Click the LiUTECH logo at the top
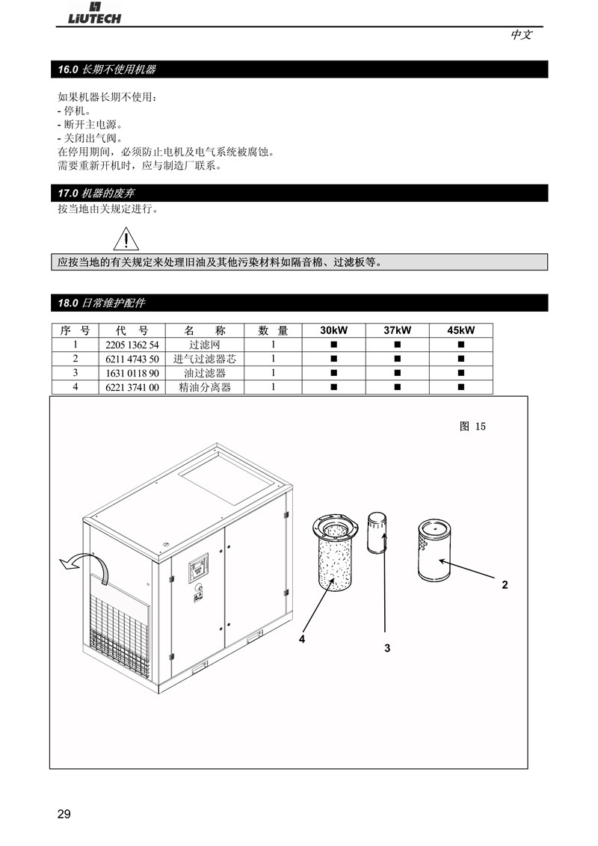click(x=94, y=13)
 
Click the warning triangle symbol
click(x=126, y=239)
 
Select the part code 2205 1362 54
click(x=132, y=345)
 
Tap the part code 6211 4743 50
click(x=132, y=359)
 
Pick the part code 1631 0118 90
click(x=132, y=373)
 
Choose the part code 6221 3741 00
click(x=132, y=387)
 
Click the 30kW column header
click(x=333, y=330)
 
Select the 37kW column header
click(x=397, y=330)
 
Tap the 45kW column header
click(x=461, y=330)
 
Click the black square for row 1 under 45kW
click(x=461, y=345)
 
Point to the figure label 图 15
click(x=472, y=426)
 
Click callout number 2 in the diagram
click(x=505, y=585)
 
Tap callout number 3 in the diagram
click(x=387, y=648)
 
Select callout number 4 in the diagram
click(x=302, y=639)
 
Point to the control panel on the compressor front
click(x=198, y=568)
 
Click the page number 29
click(x=64, y=814)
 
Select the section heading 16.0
click(x=107, y=70)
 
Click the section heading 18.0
click(x=102, y=303)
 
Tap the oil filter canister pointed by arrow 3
click(x=377, y=533)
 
